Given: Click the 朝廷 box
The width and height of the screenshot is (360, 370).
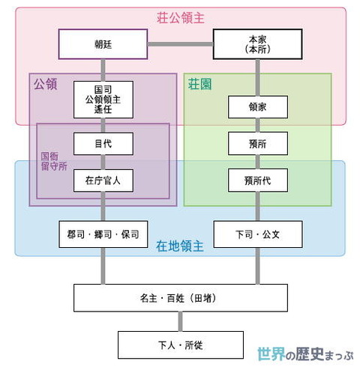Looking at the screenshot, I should pyautogui.click(x=103, y=43).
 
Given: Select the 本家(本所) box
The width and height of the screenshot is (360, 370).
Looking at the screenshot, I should pyautogui.click(x=258, y=43).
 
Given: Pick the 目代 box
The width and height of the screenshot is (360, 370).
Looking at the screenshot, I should pyautogui.click(x=103, y=143).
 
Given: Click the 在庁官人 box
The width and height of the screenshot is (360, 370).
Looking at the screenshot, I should pyautogui.click(x=103, y=180).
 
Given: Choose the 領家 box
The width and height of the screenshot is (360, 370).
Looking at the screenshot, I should pyautogui.click(x=258, y=107).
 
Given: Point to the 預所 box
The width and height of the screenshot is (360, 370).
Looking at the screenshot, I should pyautogui.click(x=258, y=143).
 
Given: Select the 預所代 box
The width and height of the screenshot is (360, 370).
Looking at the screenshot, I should pyautogui.click(x=258, y=180).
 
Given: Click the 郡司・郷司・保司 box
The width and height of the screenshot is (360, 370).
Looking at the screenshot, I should pyautogui.click(x=103, y=234).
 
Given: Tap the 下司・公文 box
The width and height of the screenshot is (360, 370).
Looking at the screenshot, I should pyautogui.click(x=258, y=234).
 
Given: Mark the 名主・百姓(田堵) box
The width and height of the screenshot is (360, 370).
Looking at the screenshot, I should pyautogui.click(x=180, y=297).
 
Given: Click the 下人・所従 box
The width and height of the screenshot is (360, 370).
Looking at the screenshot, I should pyautogui.click(x=180, y=344).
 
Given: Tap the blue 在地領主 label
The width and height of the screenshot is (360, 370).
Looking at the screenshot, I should pyautogui.click(x=179, y=246).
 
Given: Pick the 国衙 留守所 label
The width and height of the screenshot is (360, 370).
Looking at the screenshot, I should pyautogui.click(x=54, y=161).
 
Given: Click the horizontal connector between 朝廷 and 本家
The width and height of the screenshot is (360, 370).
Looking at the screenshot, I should pyautogui.click(x=180, y=43).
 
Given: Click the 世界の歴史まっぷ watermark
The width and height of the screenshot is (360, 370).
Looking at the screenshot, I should pyautogui.click(x=303, y=354).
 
